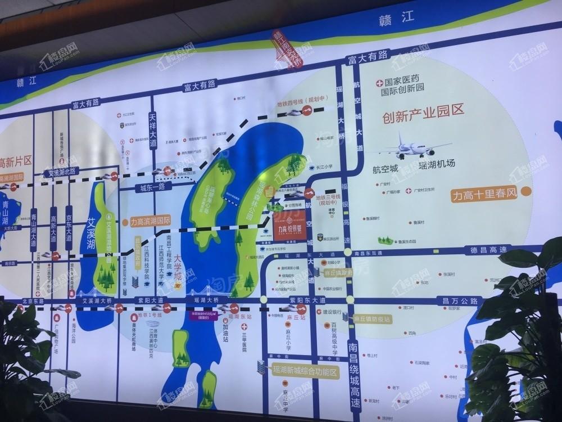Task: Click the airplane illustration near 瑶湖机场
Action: coord(409,147)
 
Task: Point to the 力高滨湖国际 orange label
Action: coord(150,221)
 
